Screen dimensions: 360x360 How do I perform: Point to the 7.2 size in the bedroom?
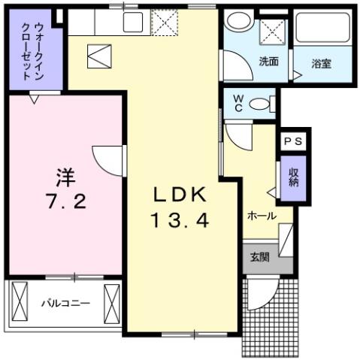[65, 203]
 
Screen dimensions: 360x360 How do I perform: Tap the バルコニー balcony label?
[65, 304]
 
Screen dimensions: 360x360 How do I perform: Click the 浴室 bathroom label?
[322, 63]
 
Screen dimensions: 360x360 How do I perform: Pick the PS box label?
[294, 141]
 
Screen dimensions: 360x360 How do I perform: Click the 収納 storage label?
[295, 177]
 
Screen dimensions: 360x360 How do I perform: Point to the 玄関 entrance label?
[259, 257]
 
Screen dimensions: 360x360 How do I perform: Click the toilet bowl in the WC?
[261, 104]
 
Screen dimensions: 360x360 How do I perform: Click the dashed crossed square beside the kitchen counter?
[162, 22]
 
